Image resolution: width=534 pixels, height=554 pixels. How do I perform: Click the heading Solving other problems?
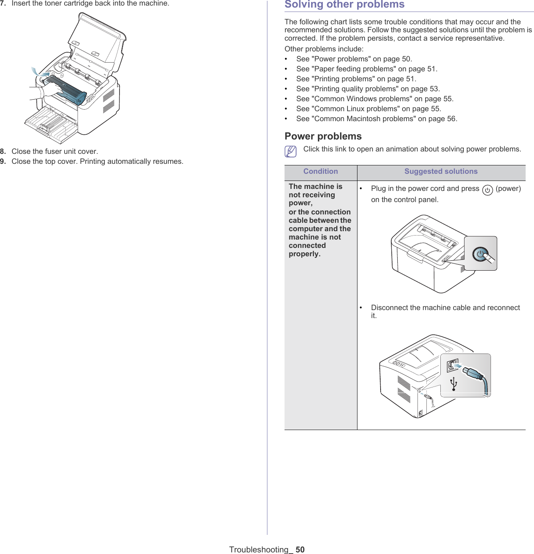click(x=344, y=5)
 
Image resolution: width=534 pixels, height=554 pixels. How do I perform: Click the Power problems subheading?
click(x=323, y=136)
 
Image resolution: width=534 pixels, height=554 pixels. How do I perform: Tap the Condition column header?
click(x=320, y=171)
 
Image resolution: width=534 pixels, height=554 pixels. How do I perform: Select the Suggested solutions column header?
click(x=441, y=171)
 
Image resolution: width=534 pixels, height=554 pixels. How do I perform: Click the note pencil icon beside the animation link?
click(x=291, y=151)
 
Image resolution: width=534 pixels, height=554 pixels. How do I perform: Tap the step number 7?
click(x=3, y=4)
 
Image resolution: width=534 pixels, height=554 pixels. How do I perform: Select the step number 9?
click(x=3, y=161)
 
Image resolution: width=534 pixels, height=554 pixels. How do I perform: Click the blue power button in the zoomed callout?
click(x=481, y=254)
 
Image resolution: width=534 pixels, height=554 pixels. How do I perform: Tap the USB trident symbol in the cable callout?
click(x=454, y=384)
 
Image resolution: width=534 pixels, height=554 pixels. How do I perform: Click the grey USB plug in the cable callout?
click(x=472, y=373)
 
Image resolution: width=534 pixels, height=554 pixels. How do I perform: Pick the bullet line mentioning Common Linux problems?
click(x=368, y=109)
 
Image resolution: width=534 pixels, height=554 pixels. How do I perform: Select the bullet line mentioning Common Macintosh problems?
click(x=376, y=119)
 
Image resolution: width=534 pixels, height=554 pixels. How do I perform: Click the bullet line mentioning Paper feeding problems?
click(x=366, y=69)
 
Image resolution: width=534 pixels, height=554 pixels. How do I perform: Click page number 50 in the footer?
click(x=300, y=550)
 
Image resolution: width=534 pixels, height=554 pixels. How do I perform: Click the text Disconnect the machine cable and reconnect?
click(x=445, y=308)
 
